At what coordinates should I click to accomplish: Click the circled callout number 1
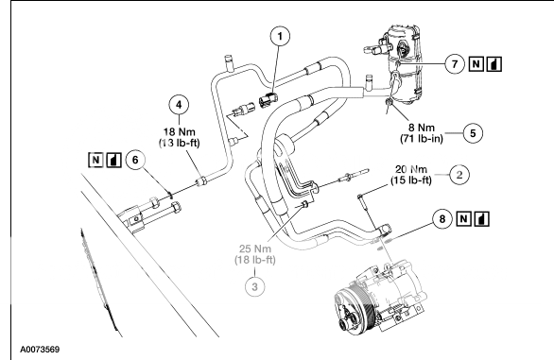[x=275, y=40]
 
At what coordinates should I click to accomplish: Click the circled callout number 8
[x=441, y=219]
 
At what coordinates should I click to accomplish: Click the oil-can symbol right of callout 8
[x=485, y=219]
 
